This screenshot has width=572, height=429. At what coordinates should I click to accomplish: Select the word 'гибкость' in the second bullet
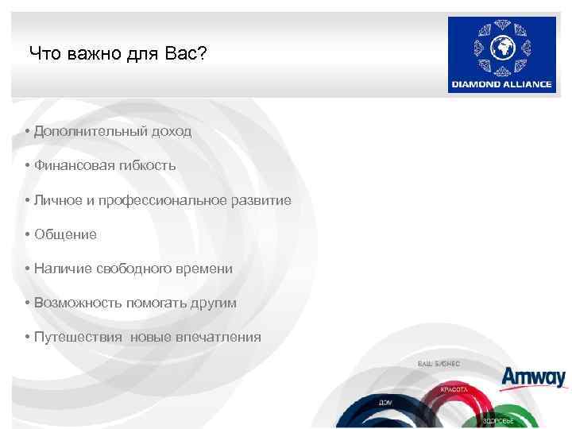click(x=148, y=165)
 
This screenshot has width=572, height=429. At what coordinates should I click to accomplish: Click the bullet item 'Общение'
click(x=65, y=234)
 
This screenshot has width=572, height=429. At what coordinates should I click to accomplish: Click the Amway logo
click(x=533, y=377)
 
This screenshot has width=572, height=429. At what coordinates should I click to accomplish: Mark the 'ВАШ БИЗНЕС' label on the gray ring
click(x=438, y=363)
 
